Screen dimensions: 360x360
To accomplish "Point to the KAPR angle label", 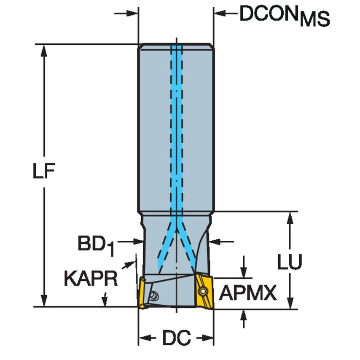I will tap(91, 278).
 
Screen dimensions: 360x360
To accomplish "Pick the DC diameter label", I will tap(176, 338).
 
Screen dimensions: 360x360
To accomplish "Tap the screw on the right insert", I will tap(204, 290).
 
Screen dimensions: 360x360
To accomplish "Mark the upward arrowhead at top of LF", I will tap(44, 50).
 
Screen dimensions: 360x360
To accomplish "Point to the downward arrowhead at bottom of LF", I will tap(44, 301).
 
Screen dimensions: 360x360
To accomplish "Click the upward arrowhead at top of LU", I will tap(290, 218).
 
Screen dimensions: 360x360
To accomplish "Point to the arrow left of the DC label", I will tap(145, 338).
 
